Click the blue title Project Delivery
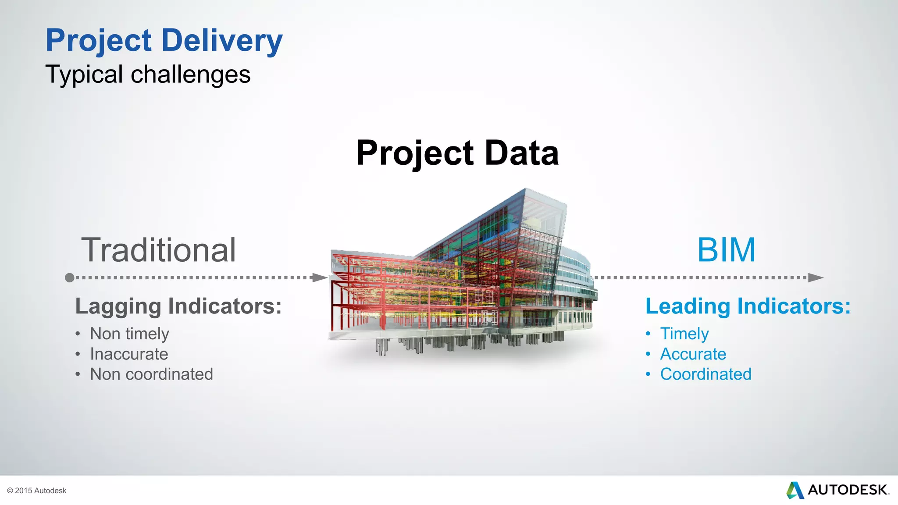tap(164, 40)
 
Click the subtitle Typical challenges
tap(148, 75)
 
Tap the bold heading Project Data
tap(457, 153)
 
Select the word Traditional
tap(158, 250)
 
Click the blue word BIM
tap(726, 250)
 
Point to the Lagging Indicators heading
tap(178, 306)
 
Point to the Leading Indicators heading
tap(748, 306)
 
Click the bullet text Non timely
tap(129, 334)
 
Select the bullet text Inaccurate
tap(129, 354)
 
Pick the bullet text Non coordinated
tap(151, 374)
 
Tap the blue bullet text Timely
tap(684, 334)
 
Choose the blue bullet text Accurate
tap(693, 354)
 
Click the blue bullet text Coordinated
tap(706, 374)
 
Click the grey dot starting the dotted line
tap(69, 277)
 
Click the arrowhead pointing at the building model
tap(320, 277)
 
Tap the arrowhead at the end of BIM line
tap(816, 277)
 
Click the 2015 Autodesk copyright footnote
tap(37, 491)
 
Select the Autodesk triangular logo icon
tap(795, 490)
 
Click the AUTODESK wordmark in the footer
tap(848, 490)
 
